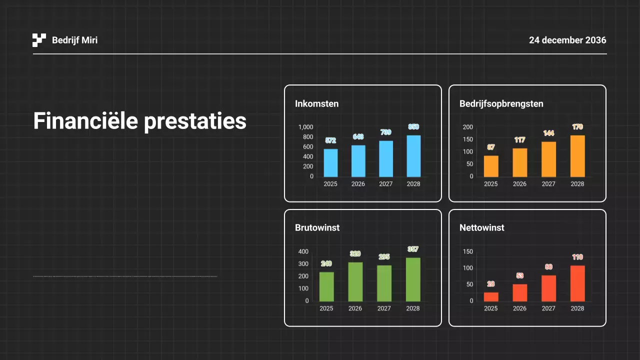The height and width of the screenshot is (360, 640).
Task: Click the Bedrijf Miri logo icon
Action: pyautogui.click(x=39, y=40)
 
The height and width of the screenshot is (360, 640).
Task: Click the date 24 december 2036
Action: pyautogui.click(x=567, y=40)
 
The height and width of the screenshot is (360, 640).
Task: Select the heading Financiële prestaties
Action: pyautogui.click(x=140, y=121)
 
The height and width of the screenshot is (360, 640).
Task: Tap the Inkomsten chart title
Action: pyautogui.click(x=316, y=104)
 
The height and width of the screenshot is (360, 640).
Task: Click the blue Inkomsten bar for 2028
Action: pyautogui.click(x=413, y=156)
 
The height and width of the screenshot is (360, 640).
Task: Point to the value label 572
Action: pyautogui.click(x=330, y=140)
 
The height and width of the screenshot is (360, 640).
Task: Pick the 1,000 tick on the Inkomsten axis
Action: pyautogui.click(x=305, y=127)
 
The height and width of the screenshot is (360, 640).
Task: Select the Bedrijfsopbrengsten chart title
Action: pyautogui.click(x=501, y=104)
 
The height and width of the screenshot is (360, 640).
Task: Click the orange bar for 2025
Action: pyautogui.click(x=491, y=166)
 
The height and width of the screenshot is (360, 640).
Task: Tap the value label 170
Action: pyautogui.click(x=577, y=127)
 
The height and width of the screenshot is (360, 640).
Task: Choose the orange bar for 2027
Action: pyautogui.click(x=548, y=159)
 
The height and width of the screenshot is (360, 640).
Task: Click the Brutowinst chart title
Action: pyautogui.click(x=317, y=228)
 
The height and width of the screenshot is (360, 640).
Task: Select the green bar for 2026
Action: pyautogui.click(x=355, y=282)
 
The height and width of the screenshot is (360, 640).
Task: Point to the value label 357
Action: pyautogui.click(x=413, y=249)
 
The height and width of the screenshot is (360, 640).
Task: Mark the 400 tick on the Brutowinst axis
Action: pyautogui.click(x=303, y=251)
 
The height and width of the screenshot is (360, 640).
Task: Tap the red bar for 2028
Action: pyautogui.click(x=577, y=283)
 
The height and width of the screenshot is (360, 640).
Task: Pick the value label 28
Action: pyautogui.click(x=491, y=284)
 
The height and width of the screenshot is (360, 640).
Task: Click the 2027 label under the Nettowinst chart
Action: pyautogui.click(x=548, y=308)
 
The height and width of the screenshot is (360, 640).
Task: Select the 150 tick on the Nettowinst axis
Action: pyautogui.click(x=468, y=251)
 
